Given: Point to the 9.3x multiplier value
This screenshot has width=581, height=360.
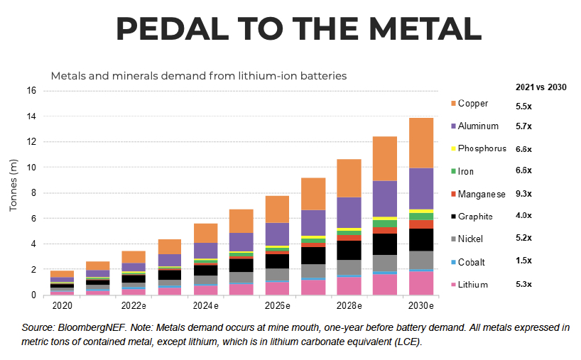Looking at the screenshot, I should pyautogui.click(x=523, y=194).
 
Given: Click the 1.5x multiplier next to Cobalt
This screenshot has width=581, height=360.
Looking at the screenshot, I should pyautogui.click(x=523, y=262).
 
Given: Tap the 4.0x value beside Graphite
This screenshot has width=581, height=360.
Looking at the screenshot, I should pyautogui.click(x=523, y=217).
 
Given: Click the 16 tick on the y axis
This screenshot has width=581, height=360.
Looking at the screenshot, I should pyautogui.click(x=31, y=91).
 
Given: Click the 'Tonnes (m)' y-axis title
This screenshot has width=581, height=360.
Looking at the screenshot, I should pyautogui.click(x=12, y=192).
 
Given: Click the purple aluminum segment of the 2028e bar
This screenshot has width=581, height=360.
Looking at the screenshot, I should pyautogui.click(x=349, y=212).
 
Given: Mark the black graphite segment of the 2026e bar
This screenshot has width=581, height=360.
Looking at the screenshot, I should pyautogui.click(x=277, y=261).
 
